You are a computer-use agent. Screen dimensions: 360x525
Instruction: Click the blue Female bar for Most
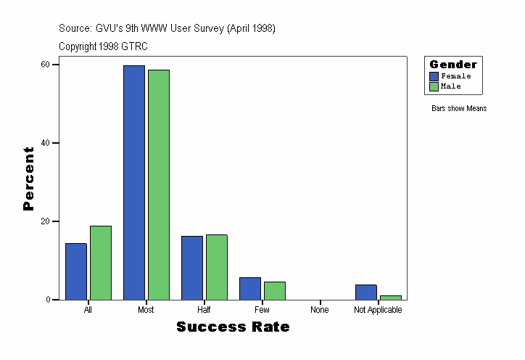pos(134,182)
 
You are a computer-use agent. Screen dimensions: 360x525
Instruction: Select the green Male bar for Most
pos(159,184)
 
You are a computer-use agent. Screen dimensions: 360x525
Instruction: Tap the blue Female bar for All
pos(76,271)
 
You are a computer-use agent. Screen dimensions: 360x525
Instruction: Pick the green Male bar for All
pos(101,263)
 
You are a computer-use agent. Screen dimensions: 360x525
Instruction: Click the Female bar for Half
pos(192,268)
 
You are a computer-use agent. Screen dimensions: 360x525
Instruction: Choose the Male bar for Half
pos(217,267)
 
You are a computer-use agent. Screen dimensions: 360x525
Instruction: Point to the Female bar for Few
pos(250,288)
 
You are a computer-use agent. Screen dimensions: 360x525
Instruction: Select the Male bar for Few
pos(275,290)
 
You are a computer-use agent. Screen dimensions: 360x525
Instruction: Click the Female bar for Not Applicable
pos(366,292)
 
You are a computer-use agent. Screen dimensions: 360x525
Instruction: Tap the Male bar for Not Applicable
pos(391,297)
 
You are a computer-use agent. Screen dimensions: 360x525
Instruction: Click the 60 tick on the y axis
pos(46,65)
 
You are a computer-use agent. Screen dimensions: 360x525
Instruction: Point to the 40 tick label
pos(46,143)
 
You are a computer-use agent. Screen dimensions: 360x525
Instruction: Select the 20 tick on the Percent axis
pos(46,221)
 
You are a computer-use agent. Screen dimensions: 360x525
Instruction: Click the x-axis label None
pos(320,310)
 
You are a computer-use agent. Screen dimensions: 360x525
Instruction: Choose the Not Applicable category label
pos(378,310)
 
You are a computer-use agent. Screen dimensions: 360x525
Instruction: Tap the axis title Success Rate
pos(233,327)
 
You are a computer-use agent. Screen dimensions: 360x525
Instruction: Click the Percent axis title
pos(29,179)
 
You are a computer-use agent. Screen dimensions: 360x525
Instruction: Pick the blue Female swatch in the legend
pos(434,76)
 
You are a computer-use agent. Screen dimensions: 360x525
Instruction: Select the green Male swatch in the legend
pos(434,86)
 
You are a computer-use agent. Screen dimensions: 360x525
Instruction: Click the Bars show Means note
pos(459,109)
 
